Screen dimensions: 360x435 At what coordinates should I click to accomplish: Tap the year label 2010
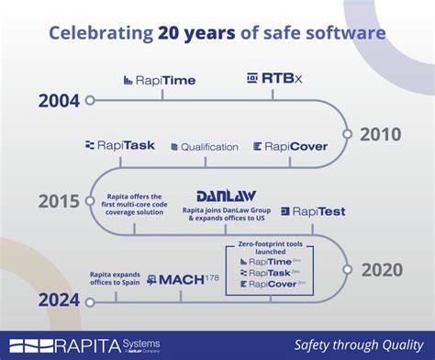[x=379, y=134]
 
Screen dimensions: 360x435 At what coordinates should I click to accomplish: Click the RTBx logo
[x=272, y=80]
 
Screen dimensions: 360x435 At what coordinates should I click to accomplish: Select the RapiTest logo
[x=313, y=211]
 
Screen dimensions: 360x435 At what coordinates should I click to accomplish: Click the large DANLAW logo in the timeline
[x=226, y=196]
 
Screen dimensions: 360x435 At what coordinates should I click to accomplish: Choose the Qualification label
[x=203, y=146]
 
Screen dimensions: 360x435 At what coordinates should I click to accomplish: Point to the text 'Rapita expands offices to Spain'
[x=114, y=278]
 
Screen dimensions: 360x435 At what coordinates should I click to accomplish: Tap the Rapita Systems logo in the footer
[x=78, y=345]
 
